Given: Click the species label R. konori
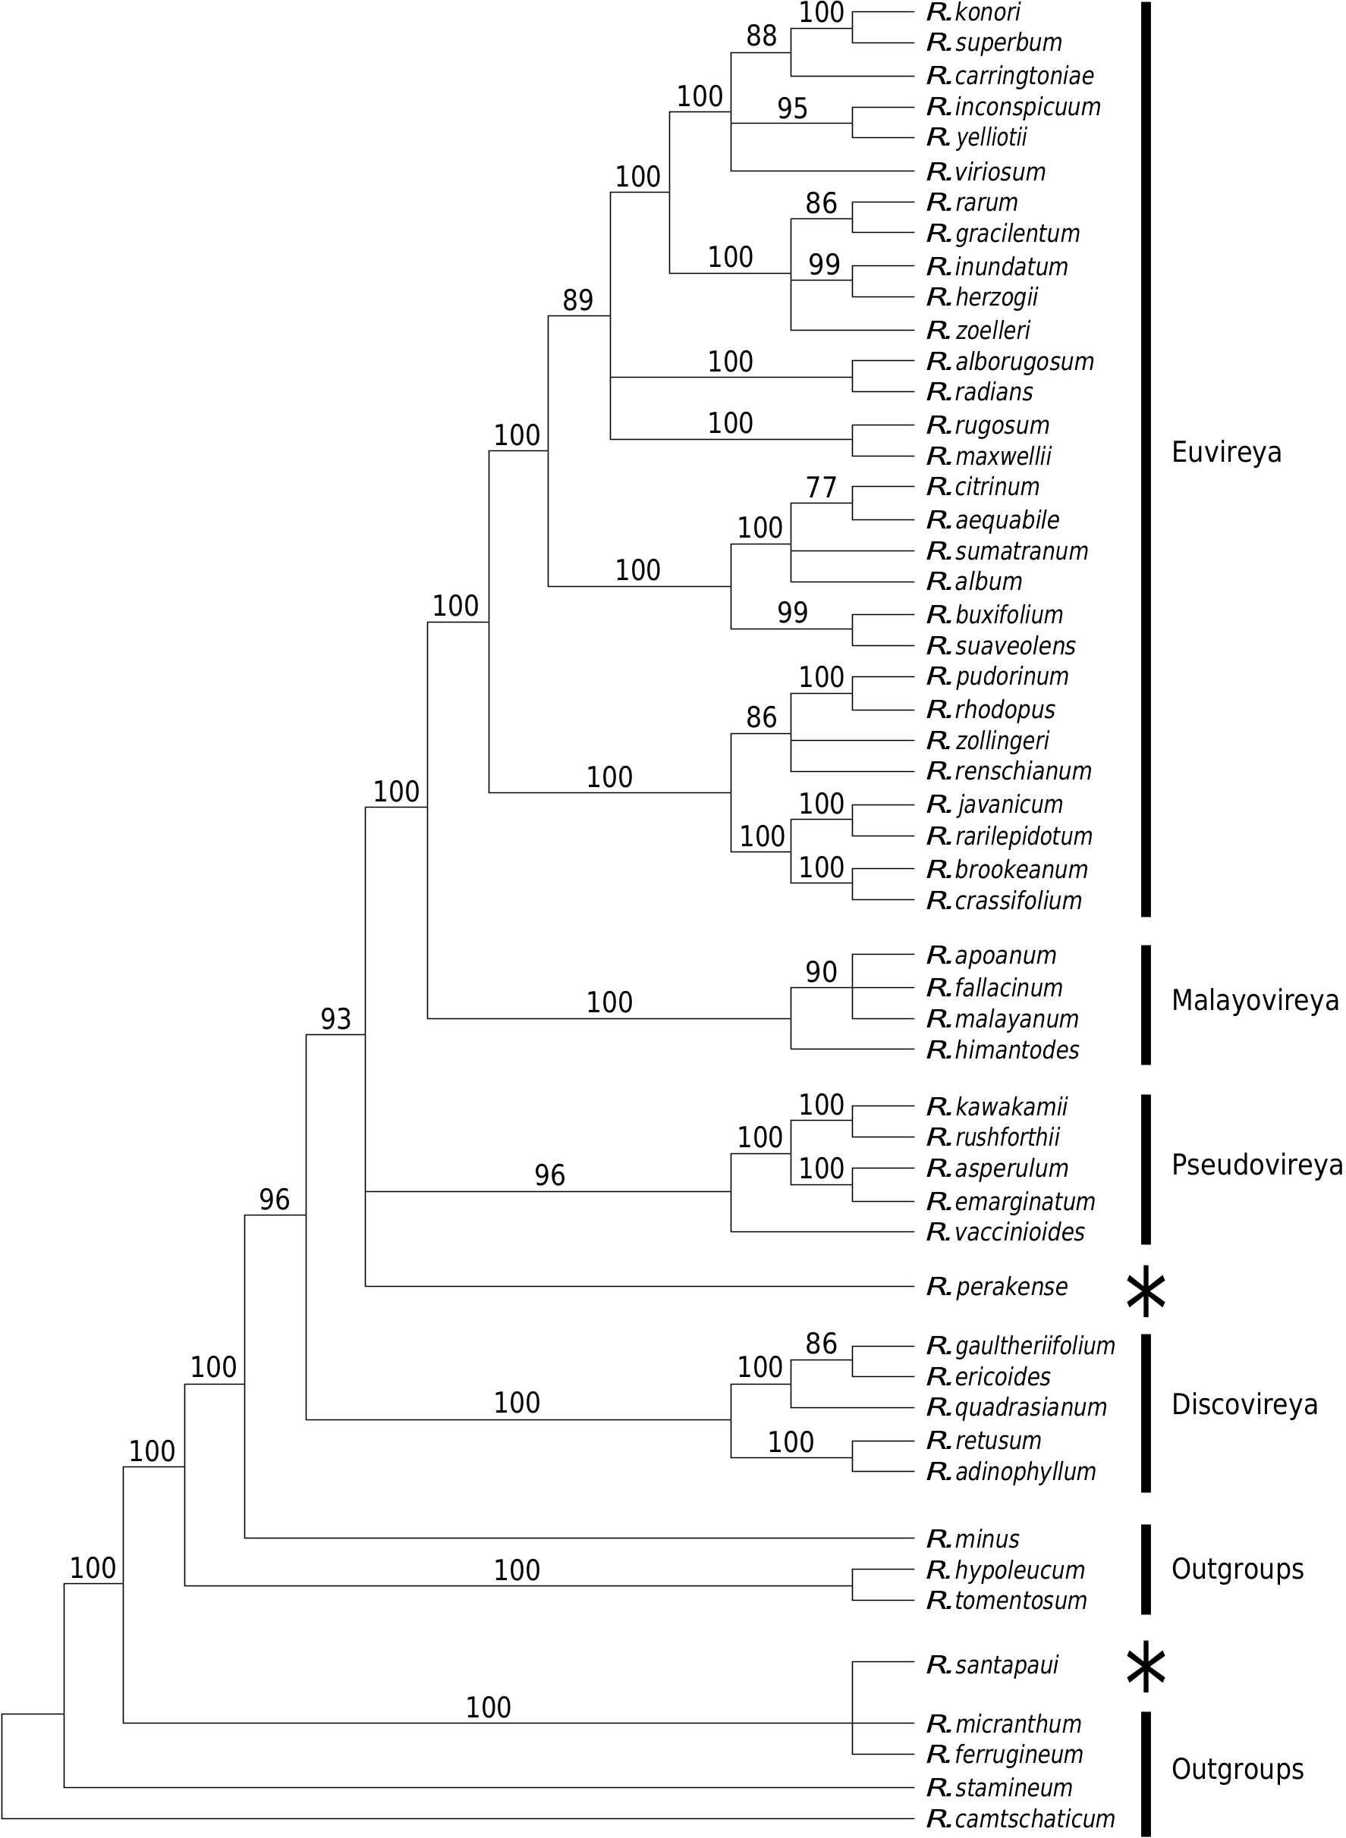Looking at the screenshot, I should tap(973, 12).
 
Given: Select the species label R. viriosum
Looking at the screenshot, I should tap(986, 172).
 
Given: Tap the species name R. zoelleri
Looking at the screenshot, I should tap(979, 330).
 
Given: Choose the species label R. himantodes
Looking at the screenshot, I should tap(1003, 1049).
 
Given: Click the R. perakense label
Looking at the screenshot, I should tap(997, 1287).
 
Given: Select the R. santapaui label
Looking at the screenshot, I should tap(992, 1665).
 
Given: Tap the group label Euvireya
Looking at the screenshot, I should tap(1225, 452).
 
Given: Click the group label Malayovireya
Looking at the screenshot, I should tap(1255, 1000).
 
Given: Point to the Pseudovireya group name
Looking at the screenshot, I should tap(1256, 1165).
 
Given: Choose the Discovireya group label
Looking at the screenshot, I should tap(1244, 1404).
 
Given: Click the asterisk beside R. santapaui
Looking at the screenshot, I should tap(1146, 1666).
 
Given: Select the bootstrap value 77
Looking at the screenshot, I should tap(820, 488).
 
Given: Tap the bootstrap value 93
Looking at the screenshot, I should tap(335, 1019).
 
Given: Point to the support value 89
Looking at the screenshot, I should tap(577, 300).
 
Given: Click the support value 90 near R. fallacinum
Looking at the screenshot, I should tap(820, 972).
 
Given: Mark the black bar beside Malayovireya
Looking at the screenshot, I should tap(1146, 1004).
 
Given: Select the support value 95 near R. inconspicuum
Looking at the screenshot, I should tap(792, 108).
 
